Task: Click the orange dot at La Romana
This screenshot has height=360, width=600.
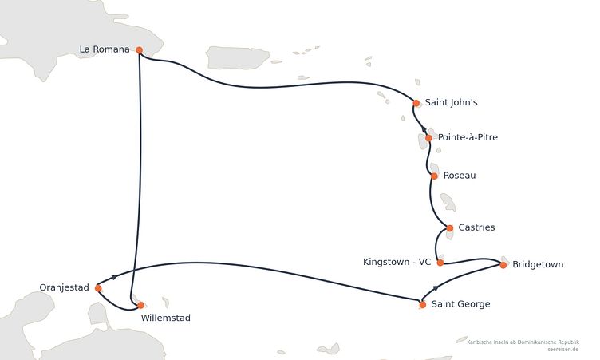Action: tap(140, 50)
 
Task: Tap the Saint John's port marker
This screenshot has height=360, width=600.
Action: tap(416, 103)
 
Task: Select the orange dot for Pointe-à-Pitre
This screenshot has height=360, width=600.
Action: tap(429, 138)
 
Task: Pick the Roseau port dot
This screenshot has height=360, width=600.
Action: tap(434, 176)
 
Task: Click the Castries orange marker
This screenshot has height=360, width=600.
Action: tap(450, 228)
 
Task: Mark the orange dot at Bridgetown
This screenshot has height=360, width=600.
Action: tap(503, 265)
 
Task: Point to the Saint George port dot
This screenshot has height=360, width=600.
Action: tap(423, 305)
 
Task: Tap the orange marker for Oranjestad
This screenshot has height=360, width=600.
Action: tap(98, 288)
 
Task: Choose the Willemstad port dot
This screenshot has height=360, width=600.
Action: tap(140, 305)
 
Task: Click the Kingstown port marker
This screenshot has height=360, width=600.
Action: tap(440, 263)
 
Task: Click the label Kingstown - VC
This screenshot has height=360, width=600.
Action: tap(397, 262)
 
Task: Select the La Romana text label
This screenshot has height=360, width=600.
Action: tap(105, 49)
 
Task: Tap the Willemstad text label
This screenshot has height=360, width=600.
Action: tap(166, 318)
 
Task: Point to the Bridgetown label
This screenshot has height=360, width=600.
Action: tap(538, 265)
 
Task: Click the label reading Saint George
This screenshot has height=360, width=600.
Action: tap(460, 304)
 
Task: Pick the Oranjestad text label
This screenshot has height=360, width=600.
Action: tap(65, 287)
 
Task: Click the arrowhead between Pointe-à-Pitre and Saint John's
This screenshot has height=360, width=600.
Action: tap(424, 129)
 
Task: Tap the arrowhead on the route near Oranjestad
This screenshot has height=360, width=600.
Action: tap(113, 276)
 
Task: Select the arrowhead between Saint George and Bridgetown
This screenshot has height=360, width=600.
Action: tap(436, 287)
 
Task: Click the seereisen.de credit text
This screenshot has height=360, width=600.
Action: tap(562, 350)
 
